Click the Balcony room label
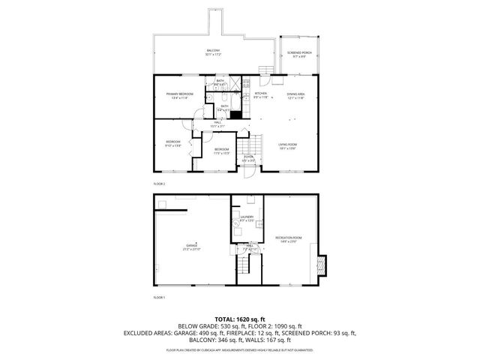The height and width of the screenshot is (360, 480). pyautogui.click(x=213, y=52)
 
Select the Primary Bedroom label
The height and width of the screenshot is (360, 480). pyautogui.click(x=180, y=94)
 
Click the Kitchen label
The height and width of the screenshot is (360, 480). pyautogui.click(x=260, y=94)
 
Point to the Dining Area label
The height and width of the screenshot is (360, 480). pyautogui.click(x=295, y=94)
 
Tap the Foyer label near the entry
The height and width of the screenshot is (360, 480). pyautogui.click(x=247, y=159)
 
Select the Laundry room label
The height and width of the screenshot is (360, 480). pyautogui.click(x=247, y=220)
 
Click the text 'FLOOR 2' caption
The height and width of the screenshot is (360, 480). pyautogui.click(x=158, y=183)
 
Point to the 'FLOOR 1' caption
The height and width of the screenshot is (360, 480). pyautogui.click(x=158, y=298)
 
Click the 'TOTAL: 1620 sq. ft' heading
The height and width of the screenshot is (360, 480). pyautogui.click(x=240, y=319)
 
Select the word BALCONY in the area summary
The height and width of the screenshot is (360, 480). pyautogui.click(x=193, y=339)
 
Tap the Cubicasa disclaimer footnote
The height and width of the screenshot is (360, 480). pyautogui.click(x=240, y=349)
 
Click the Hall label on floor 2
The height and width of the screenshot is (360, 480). pyautogui.click(x=217, y=124)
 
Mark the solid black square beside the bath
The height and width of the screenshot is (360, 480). pyautogui.click(x=235, y=115)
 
